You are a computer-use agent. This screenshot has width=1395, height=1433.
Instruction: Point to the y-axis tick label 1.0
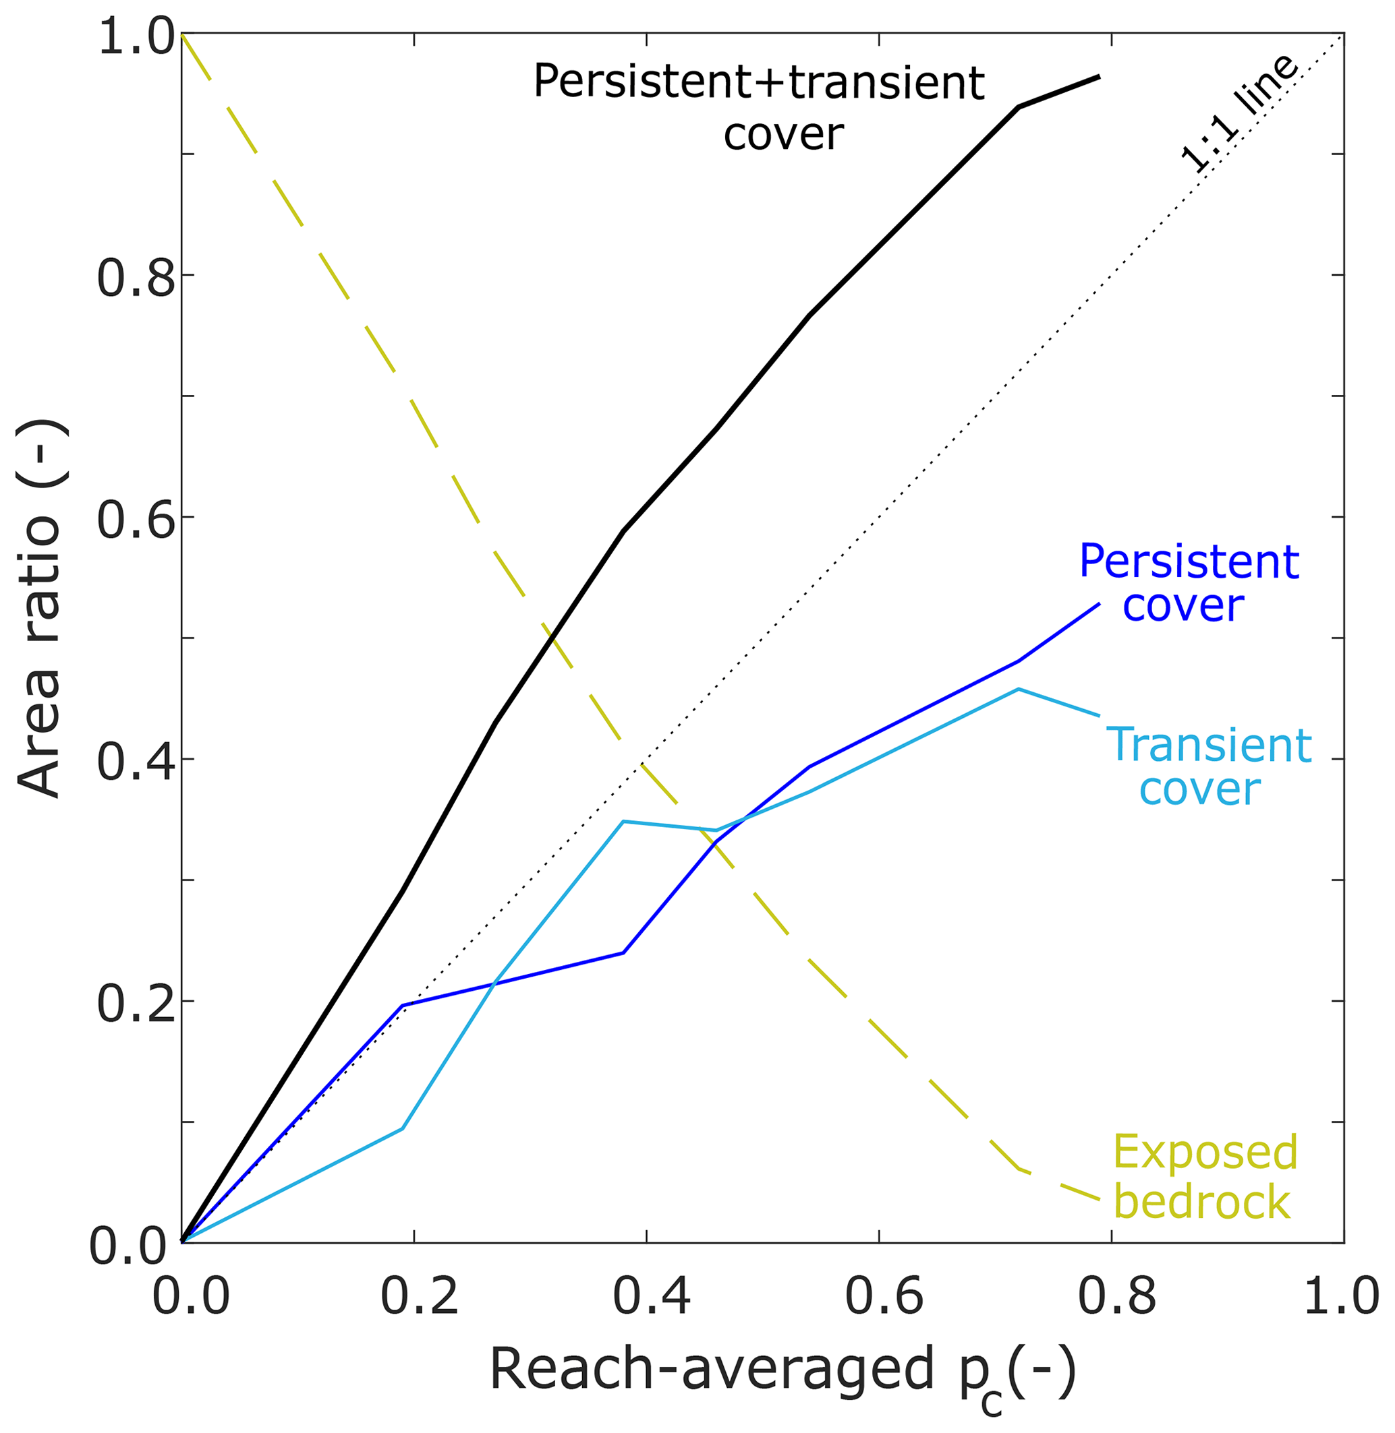136,38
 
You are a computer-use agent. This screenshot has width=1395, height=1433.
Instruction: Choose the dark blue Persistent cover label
1189,584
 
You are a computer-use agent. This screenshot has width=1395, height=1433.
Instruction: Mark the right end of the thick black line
1099,76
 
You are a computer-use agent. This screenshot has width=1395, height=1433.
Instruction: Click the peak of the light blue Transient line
1018,689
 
